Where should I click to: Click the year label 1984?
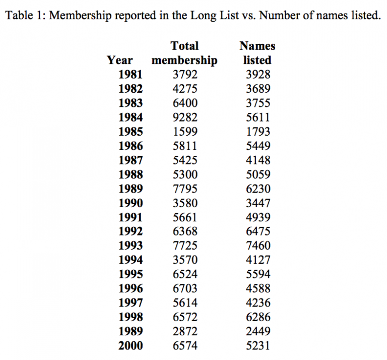point(131,117)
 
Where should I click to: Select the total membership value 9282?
point(185,117)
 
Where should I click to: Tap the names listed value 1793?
point(257,132)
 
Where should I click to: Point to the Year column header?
point(120,61)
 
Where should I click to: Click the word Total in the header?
point(184,46)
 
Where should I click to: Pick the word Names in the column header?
point(257,46)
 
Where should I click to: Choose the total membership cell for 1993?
point(185,246)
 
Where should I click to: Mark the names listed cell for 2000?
point(257,345)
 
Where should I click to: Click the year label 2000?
point(131,345)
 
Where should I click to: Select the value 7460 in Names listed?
point(257,246)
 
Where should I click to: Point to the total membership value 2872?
point(185,331)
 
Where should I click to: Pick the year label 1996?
point(131,288)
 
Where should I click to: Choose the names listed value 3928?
point(257,75)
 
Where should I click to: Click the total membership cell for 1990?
point(185,203)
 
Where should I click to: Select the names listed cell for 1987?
point(257,160)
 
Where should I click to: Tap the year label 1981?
point(131,75)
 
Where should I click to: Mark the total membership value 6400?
point(185,103)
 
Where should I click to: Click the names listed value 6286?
point(257,317)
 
